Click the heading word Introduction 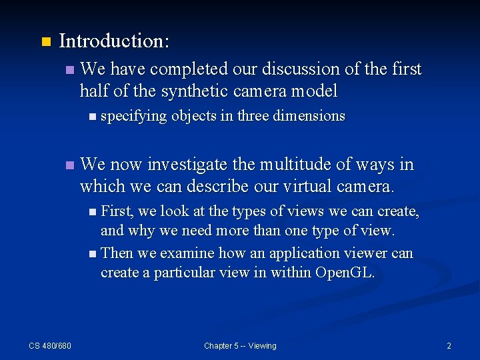[113, 41]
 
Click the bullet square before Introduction [45, 42]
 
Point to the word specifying [133, 116]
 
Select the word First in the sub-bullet [117, 211]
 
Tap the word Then [117, 253]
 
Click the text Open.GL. [345, 273]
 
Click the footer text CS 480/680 [50, 345]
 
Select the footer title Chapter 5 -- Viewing [240, 345]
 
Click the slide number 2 [449, 345]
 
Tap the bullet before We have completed [71, 69]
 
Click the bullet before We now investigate [71, 165]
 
